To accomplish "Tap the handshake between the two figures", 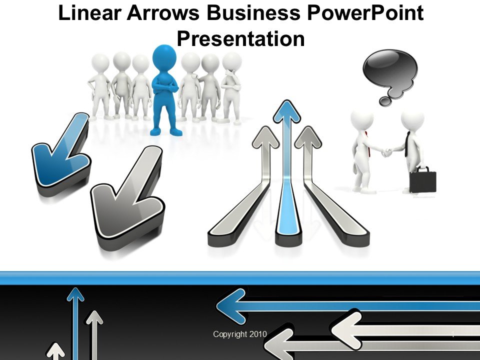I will point(386,151).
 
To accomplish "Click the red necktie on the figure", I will point(367,142).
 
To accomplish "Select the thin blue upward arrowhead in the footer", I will point(75,293).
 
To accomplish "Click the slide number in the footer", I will point(452,334).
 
